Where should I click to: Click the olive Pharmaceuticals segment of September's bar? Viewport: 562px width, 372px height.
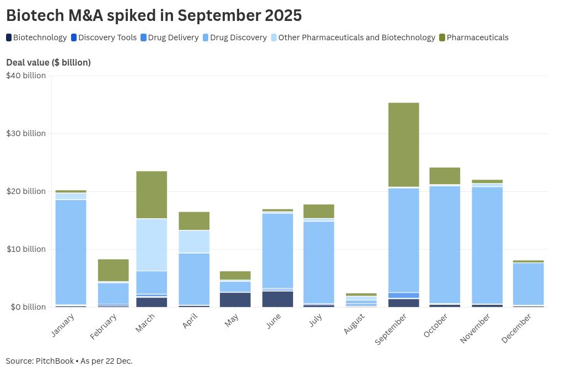click(x=404, y=145)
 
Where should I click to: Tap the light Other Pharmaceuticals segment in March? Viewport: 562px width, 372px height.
click(x=152, y=245)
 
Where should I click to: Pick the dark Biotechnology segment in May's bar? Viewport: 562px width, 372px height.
click(x=235, y=299)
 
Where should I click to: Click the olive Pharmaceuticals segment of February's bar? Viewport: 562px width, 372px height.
click(x=113, y=270)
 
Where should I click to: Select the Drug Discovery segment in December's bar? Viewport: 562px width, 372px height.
click(x=528, y=284)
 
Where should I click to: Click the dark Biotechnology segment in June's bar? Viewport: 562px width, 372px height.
click(x=278, y=299)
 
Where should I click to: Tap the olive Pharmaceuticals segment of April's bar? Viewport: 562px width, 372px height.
click(x=194, y=221)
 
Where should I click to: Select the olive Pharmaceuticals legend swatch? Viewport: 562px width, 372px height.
click(x=442, y=37)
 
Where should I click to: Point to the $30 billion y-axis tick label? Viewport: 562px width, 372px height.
click(x=26, y=133)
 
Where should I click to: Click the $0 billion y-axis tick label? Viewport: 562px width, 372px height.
click(x=26, y=307)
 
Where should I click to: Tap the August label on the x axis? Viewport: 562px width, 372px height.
click(x=354, y=325)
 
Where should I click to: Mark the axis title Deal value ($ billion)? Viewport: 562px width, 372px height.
click(x=48, y=62)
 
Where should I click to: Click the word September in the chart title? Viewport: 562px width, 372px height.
click(x=223, y=15)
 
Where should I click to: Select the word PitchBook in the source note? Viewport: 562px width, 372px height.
click(x=54, y=361)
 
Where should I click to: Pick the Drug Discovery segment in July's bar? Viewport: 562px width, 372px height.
click(x=320, y=262)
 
